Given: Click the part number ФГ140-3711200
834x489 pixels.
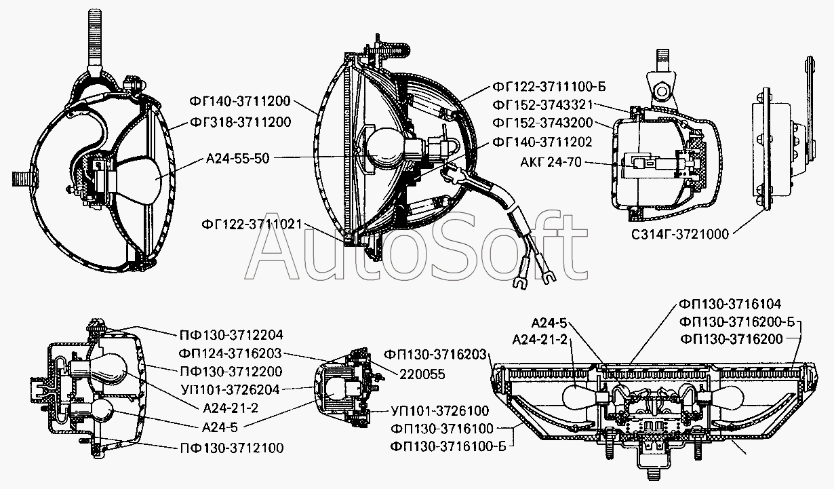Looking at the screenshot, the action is (239, 101).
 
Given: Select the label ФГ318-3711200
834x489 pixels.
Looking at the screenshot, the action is (240, 122).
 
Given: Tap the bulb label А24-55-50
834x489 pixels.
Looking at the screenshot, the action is (237, 158).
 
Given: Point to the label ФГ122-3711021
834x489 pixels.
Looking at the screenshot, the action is (252, 224).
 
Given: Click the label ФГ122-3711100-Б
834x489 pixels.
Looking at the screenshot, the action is (549, 86).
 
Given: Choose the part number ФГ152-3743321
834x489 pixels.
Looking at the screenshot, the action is (542, 105).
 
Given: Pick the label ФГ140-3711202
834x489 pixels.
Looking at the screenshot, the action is (542, 142).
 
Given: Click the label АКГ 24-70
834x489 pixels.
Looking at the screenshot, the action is (551, 162).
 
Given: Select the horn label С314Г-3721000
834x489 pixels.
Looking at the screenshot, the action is (680, 234).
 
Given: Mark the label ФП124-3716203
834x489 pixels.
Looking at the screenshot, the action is (230, 353).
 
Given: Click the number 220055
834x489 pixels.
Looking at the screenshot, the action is (422, 374).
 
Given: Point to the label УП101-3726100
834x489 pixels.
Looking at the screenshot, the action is (439, 411).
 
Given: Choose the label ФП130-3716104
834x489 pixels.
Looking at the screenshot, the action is (730, 305).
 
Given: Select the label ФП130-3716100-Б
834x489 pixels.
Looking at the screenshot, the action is (448, 446).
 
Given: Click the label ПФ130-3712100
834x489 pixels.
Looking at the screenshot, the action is (232, 448).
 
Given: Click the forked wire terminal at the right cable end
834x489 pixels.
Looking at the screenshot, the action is (547, 276).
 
